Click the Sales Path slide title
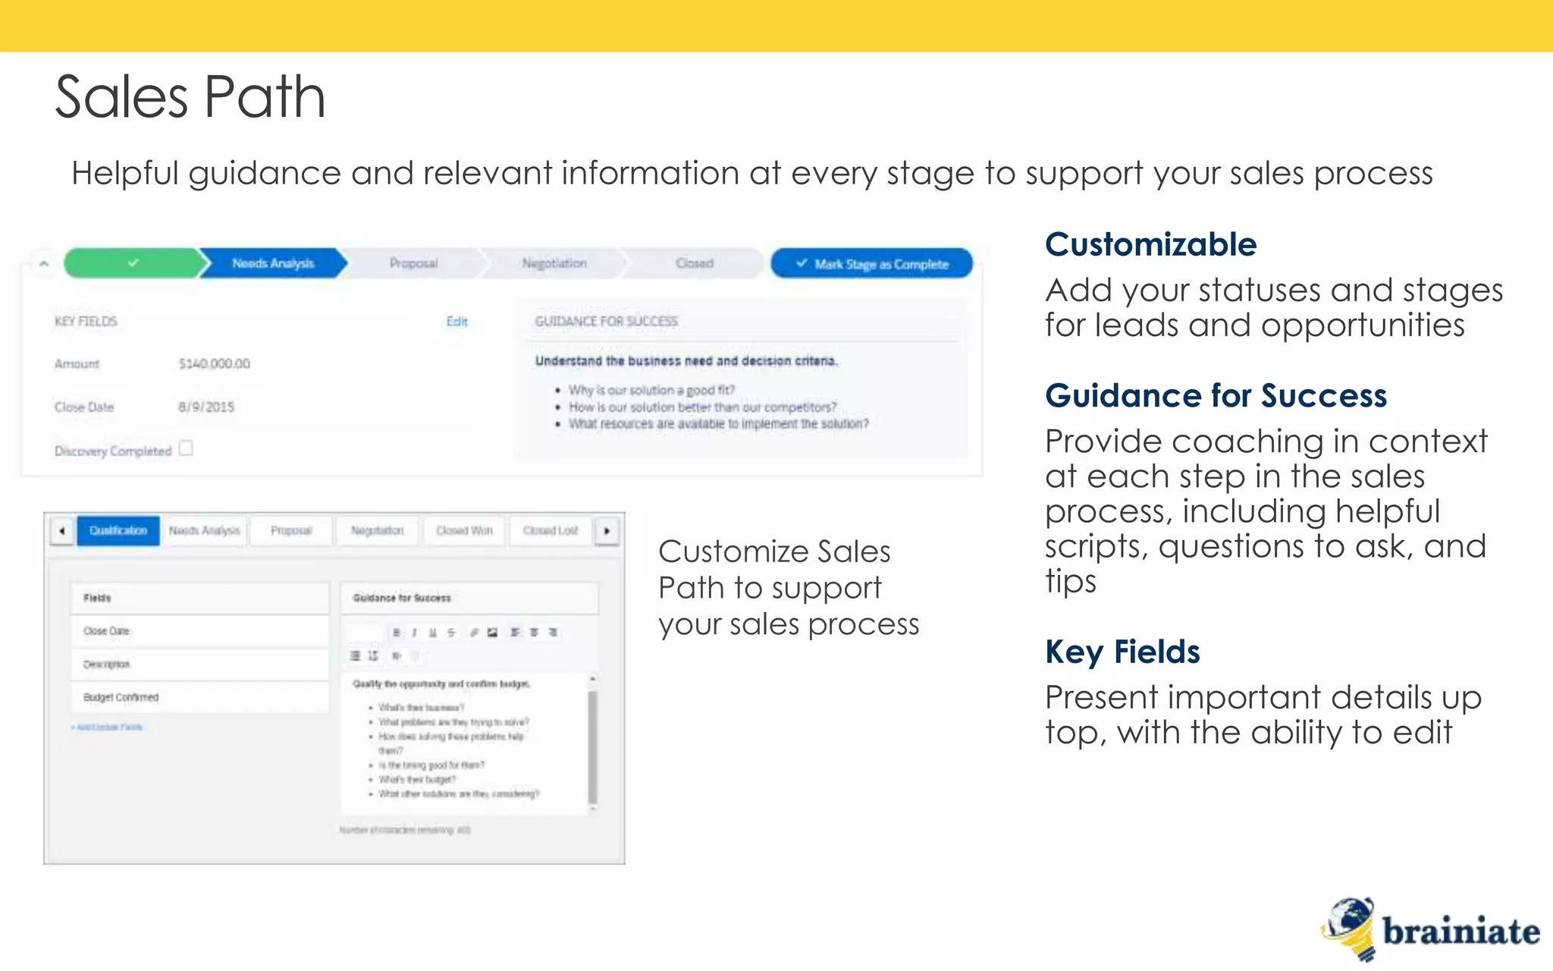[190, 97]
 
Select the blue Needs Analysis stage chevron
[273, 263]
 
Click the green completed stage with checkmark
[133, 263]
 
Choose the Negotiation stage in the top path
[554, 263]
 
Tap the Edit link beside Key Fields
[456, 322]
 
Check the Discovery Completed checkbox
[186, 448]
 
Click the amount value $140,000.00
[214, 364]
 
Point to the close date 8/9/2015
[206, 407]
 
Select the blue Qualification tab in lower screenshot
[118, 530]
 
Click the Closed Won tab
[464, 530]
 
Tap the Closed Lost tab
[551, 530]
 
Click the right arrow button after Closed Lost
[607, 531]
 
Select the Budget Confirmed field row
[199, 697]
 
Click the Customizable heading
[1150, 245]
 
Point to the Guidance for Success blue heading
[1216, 396]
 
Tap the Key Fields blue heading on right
[1122, 652]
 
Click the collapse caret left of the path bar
[44, 264]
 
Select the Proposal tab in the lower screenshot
[291, 530]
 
